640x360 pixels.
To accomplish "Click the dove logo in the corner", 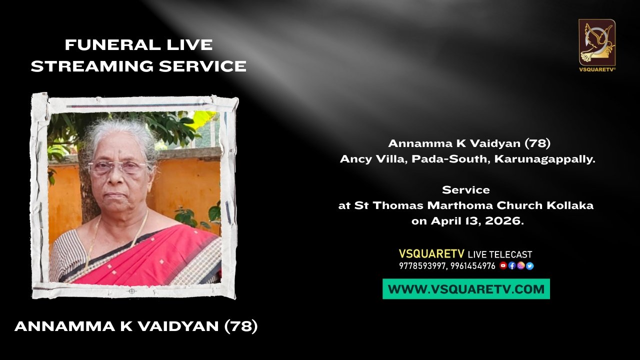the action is coord(597,42).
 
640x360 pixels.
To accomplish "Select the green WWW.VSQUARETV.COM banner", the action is coord(466,289).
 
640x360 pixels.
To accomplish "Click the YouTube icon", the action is coord(503,265).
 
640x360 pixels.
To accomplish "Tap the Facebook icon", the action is coord(511,266).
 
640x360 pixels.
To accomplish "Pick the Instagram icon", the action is coord(520,266).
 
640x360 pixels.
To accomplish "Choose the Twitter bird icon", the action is coord(529,266).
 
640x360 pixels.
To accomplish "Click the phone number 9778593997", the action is coord(422,266).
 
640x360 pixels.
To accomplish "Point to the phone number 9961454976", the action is coord(473,266).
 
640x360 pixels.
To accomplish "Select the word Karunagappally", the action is coord(545,159).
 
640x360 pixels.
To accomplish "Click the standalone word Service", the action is coord(466,190).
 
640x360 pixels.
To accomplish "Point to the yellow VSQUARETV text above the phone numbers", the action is coord(431,254).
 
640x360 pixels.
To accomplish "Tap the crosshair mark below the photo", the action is coord(131,291).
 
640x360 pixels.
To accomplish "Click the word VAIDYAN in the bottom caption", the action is coord(178,326).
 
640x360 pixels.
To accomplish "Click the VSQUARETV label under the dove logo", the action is coord(597,69).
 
